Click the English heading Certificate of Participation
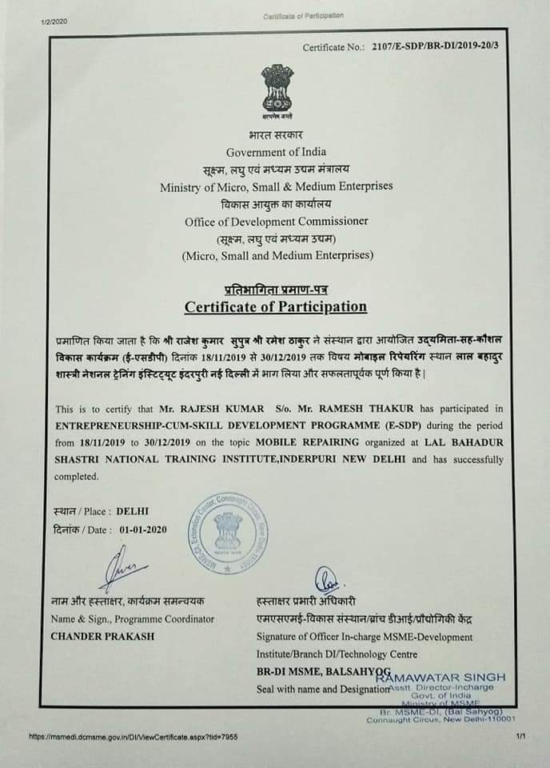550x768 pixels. point(276,306)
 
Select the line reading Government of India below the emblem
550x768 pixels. point(276,152)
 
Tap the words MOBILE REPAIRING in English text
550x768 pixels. point(305,442)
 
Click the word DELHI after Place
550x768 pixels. point(133,510)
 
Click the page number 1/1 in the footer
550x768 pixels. point(520,737)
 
